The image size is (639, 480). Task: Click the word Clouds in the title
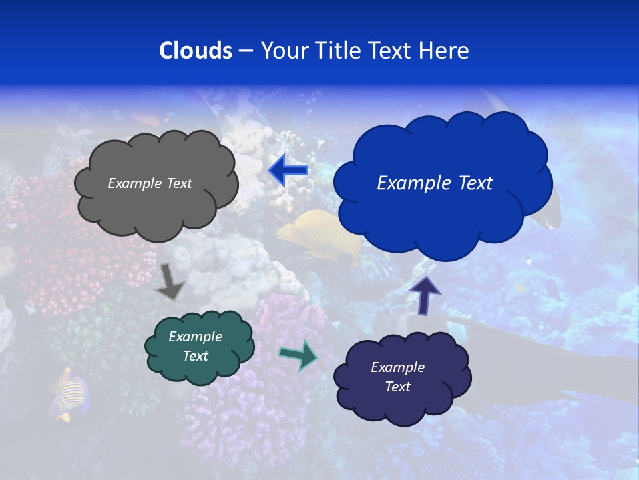click(196, 51)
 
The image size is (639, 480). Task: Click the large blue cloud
click(442, 213)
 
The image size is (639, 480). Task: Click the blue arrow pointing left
click(288, 171)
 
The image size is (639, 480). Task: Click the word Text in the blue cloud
click(471, 183)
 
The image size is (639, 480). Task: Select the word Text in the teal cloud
click(196, 356)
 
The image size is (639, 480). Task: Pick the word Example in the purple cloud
click(397, 367)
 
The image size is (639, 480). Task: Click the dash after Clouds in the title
click(246, 51)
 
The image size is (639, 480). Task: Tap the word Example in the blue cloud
click(410, 183)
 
